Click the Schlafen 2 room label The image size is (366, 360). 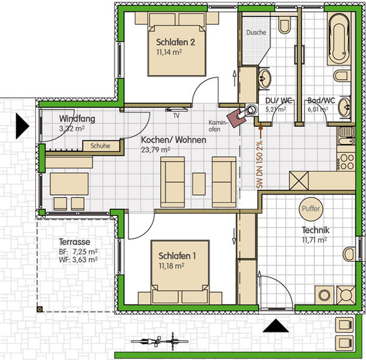pos(175,43)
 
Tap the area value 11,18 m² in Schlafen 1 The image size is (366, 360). pos(172,266)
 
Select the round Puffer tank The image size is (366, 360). pos(311,209)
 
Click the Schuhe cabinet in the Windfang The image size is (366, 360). pos(101,146)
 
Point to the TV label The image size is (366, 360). pos(176,115)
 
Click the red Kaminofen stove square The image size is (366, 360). pos(236,118)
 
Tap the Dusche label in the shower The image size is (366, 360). pos(256,33)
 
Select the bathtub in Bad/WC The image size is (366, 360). pos(339,39)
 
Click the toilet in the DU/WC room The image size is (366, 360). pos(285,24)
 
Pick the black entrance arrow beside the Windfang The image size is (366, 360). pos(22,126)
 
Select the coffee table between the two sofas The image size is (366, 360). pos(199,184)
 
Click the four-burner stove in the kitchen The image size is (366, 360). pos(346,161)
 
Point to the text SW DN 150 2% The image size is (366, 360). pos(259,164)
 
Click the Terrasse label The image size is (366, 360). pos(74,242)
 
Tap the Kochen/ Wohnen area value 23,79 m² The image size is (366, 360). pos(155,149)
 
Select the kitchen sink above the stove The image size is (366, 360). pos(346,135)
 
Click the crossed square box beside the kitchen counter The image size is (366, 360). pos(299,181)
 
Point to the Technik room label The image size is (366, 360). pos(316,230)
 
